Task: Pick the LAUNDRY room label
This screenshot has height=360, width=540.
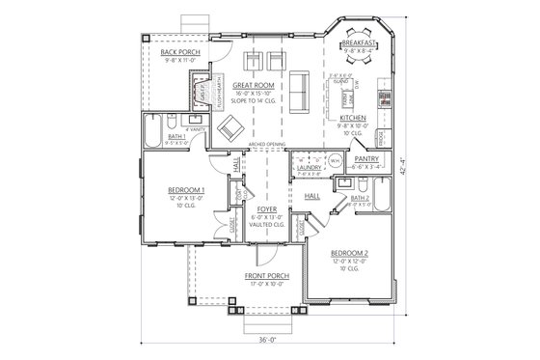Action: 310,167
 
